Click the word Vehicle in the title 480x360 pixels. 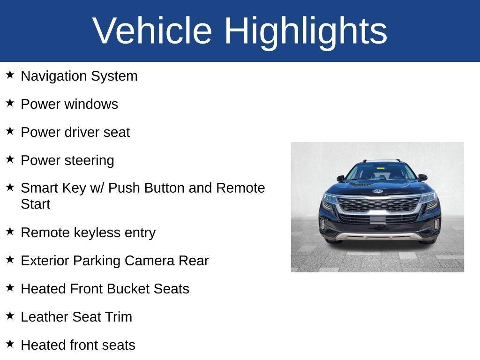coord(152,31)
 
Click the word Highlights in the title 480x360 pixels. coord(306,31)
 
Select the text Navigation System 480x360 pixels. coord(79,76)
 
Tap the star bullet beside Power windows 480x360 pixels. coord(10,103)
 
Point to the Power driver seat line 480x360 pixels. coord(75,132)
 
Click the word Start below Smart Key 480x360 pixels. coord(36,204)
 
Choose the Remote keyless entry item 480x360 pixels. coord(88,232)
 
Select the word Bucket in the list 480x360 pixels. coord(127,289)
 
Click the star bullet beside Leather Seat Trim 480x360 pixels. coord(10,315)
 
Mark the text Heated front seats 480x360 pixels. coord(78,345)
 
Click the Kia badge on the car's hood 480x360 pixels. coord(377,191)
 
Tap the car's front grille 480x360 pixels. coord(378,204)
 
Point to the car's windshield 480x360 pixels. coord(380,172)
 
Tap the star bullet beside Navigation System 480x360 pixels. coord(10,75)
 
